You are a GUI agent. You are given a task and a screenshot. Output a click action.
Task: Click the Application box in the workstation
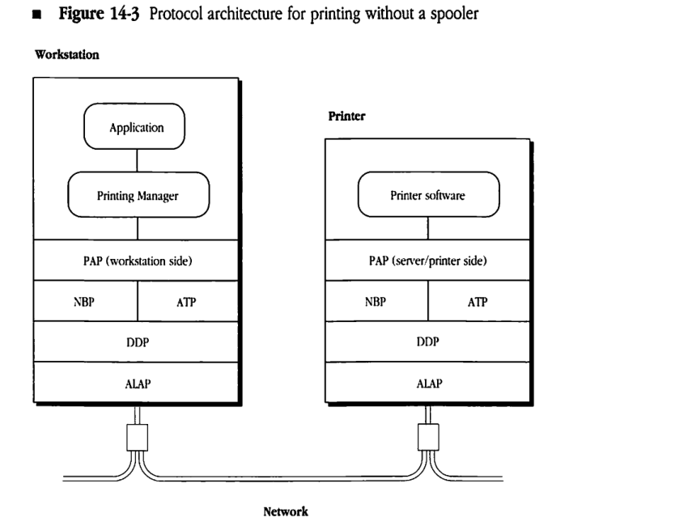point(136,128)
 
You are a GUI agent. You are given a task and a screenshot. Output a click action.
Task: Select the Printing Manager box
point(136,195)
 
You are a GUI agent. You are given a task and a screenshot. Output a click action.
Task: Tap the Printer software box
point(428,195)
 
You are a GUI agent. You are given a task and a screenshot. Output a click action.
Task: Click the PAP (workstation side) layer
point(136,260)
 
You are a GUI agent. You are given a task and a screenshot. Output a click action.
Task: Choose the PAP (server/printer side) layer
point(428,260)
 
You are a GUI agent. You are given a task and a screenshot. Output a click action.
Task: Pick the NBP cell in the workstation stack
point(84,301)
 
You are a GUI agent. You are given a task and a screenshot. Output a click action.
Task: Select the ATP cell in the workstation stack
point(187,301)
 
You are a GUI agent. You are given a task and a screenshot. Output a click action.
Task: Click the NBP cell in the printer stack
point(376,301)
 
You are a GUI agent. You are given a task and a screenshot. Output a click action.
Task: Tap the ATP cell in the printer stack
point(478,301)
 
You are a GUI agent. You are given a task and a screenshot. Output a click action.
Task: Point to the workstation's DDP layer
point(136,341)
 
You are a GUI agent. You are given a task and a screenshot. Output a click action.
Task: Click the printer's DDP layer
point(428,341)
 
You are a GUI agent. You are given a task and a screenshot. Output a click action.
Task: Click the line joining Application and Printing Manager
point(136,161)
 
